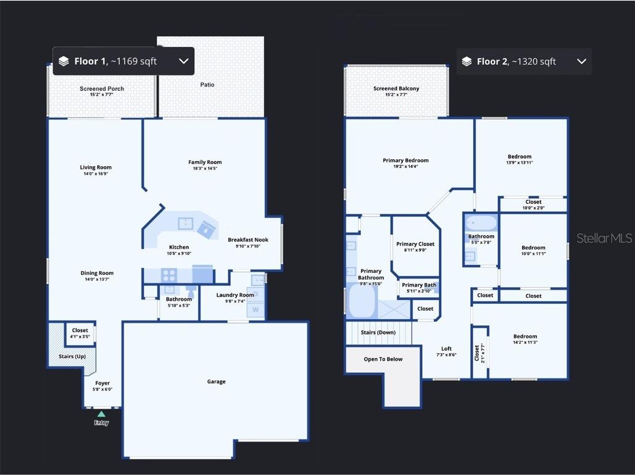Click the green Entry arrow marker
(x=101, y=414)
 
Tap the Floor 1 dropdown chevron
(x=183, y=61)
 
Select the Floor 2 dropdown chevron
(x=581, y=61)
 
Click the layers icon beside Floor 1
(x=64, y=61)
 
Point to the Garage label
(x=216, y=382)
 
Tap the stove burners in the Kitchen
(x=169, y=275)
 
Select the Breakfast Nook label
(x=248, y=240)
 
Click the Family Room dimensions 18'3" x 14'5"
(x=205, y=169)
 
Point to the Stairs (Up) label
(x=72, y=356)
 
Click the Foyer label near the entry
(x=102, y=383)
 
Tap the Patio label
(x=207, y=85)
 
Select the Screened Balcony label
(x=396, y=89)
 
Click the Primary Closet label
(x=415, y=244)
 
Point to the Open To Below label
(x=383, y=359)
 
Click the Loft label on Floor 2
(x=446, y=349)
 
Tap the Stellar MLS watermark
(x=604, y=238)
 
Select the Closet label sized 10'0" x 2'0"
(x=533, y=202)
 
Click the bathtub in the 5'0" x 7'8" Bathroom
(x=480, y=222)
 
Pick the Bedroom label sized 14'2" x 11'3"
(x=525, y=336)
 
